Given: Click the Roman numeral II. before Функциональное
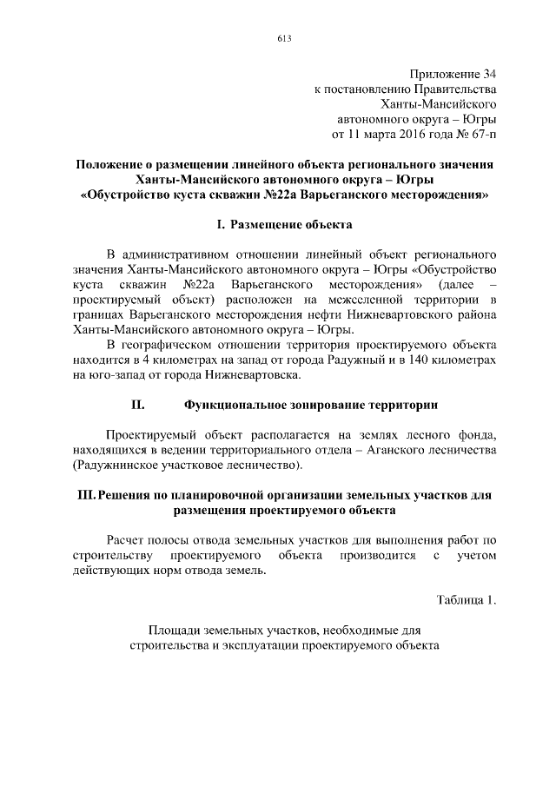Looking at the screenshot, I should [x=137, y=404].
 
